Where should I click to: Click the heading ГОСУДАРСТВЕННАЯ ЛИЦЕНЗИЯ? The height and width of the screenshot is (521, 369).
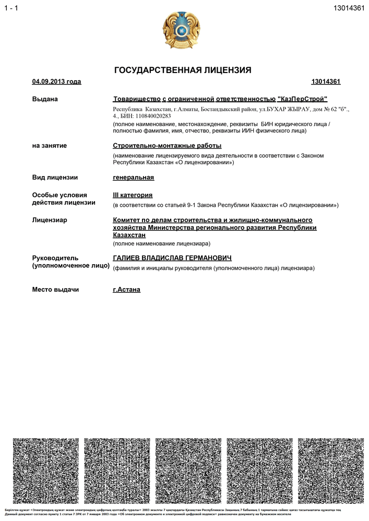coord(183,70)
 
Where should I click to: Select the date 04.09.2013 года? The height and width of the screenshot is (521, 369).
coord(56,82)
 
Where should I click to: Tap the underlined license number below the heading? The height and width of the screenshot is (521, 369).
coord(326,82)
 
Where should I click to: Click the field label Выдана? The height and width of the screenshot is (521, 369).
coord(45,99)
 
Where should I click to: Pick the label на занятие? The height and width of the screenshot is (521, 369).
coord(50,146)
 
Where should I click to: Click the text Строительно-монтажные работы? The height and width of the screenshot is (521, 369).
coord(167,146)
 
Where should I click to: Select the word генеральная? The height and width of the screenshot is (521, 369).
coord(133,178)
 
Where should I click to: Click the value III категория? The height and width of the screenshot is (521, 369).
coord(133,195)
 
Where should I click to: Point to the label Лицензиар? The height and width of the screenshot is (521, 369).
coord(50,220)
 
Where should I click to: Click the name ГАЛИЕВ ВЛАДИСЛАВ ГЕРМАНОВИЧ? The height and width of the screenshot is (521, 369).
coord(172,258)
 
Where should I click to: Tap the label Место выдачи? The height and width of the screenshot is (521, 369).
coord(55,290)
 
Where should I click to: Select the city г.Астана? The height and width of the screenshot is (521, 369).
coord(126,290)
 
